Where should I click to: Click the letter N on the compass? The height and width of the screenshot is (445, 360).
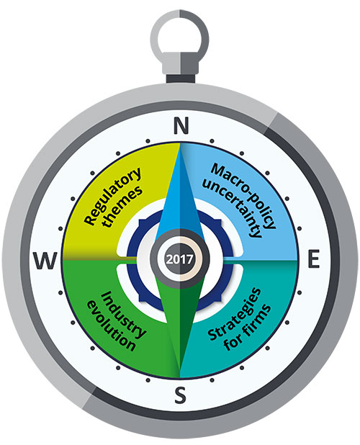pyautogui.click(x=181, y=125)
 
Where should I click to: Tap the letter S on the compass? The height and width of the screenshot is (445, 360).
pyautogui.click(x=180, y=395)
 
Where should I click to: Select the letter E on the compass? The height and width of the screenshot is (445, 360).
pyautogui.click(x=313, y=259)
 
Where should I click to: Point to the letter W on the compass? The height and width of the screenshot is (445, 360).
pyautogui.click(x=45, y=261)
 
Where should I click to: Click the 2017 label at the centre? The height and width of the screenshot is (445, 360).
pyautogui.click(x=180, y=259)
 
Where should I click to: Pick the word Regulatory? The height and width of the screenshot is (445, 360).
pyautogui.click(x=112, y=197)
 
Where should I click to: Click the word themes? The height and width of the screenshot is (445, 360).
pyautogui.click(x=122, y=207)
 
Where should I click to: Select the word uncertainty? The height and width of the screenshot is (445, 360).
pyautogui.click(x=233, y=209)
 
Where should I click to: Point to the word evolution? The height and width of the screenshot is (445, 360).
pyautogui.click(x=111, y=325)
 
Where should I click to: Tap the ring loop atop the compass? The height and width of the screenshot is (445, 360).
pyautogui.click(x=180, y=36)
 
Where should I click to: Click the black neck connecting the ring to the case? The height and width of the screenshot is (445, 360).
pyautogui.click(x=181, y=78)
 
